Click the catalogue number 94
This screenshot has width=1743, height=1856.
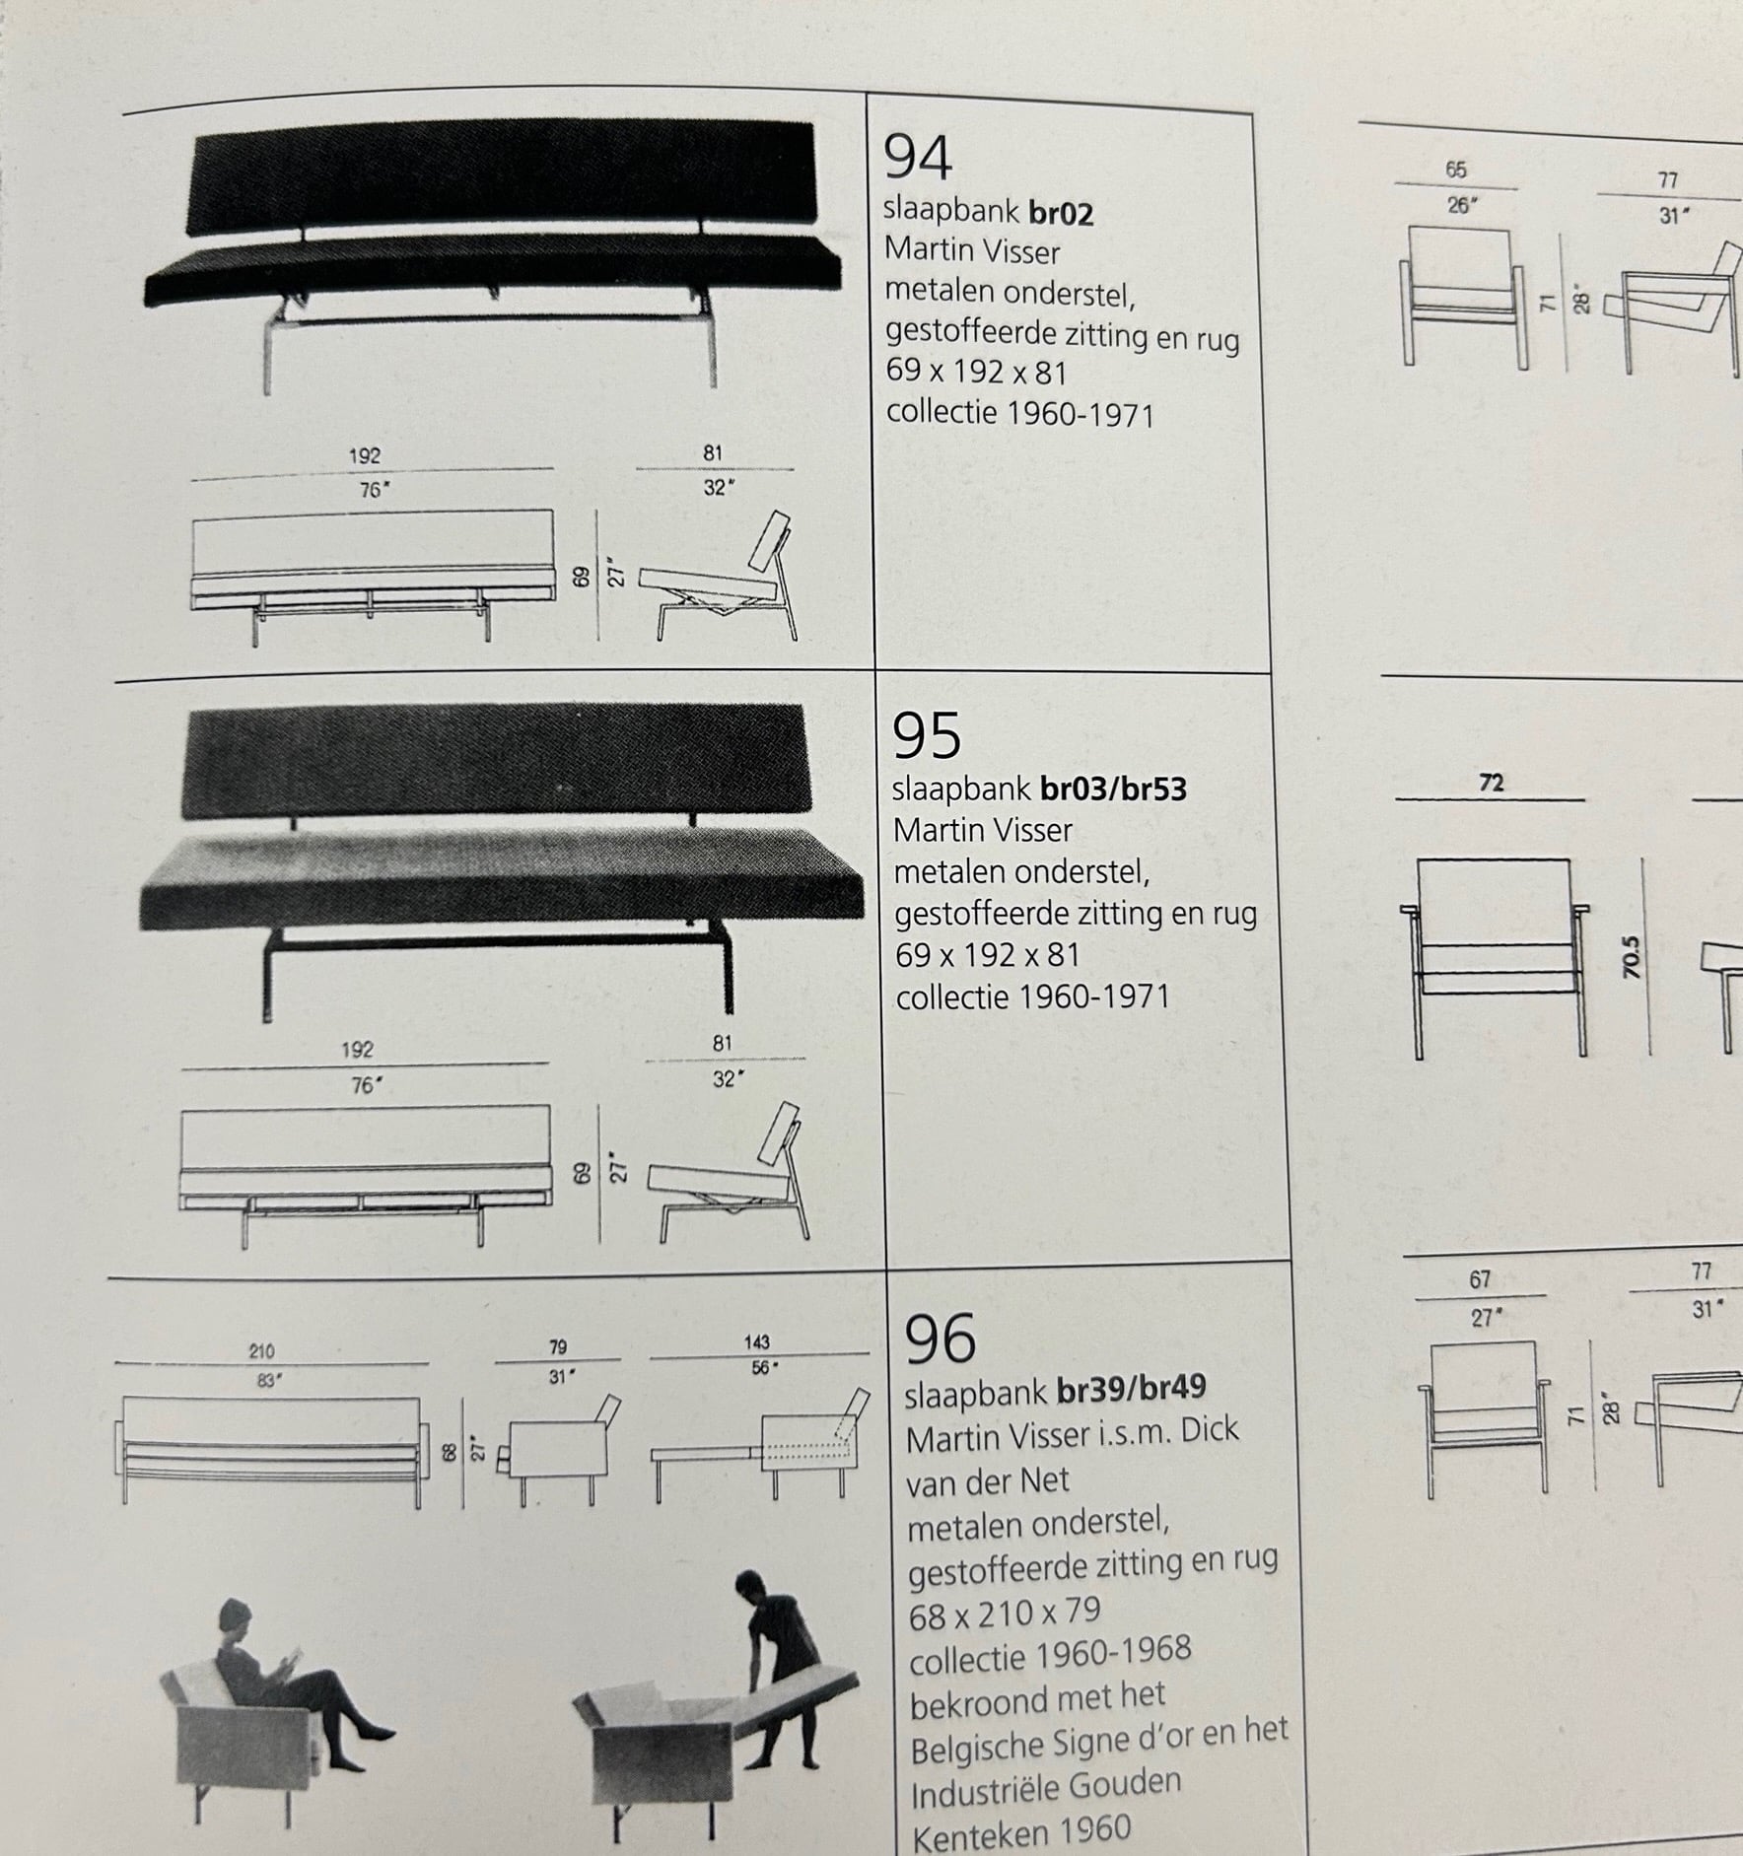917,159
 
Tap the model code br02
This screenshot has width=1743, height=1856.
1061,214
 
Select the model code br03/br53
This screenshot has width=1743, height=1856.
1113,790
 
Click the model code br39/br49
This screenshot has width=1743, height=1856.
1131,1388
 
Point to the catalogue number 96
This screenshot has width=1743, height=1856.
940,1339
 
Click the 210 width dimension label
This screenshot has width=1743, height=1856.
261,1351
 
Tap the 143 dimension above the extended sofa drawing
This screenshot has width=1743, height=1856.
757,1342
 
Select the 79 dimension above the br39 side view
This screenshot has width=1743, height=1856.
558,1347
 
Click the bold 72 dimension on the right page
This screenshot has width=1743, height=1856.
1491,784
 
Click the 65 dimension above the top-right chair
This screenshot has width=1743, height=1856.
1456,171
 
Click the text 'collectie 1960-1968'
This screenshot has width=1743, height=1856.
1049,1656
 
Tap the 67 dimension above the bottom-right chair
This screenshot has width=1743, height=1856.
1480,1280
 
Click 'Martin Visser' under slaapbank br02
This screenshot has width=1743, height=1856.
971,251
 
